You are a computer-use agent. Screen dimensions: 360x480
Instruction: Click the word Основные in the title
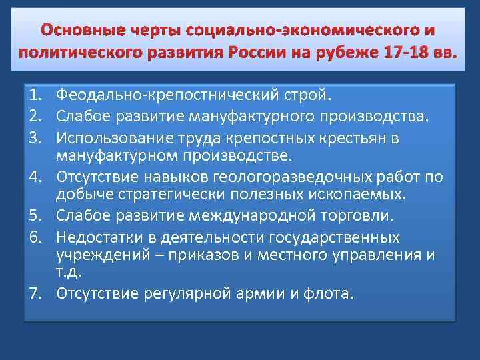(x=73, y=31)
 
